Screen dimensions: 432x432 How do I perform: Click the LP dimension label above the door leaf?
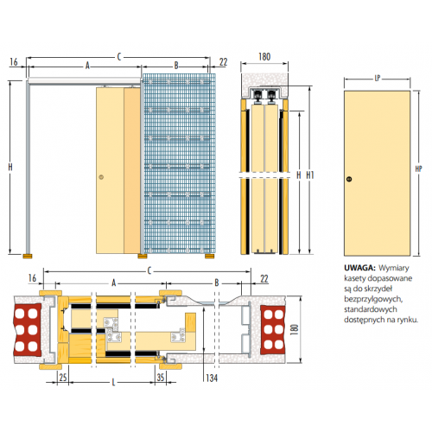pos(378,78)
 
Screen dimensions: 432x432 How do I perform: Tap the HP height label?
pos(418,169)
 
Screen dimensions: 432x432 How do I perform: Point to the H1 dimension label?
pos(310,175)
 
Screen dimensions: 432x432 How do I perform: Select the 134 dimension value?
pos(212,378)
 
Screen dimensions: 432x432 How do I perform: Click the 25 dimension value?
pos(63,377)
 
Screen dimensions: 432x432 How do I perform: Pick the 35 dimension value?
pos(161,377)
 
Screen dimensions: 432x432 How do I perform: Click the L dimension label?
pos(113,383)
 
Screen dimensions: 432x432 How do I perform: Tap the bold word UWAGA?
pos(359,268)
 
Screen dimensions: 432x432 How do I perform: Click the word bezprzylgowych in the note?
pos(373,300)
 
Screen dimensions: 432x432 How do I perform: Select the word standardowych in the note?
pos(371,309)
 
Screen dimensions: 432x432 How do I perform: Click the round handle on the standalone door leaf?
pos(349,179)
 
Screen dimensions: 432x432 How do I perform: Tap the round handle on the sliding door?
pos(101,177)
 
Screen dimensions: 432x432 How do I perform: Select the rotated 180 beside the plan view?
pos(294,329)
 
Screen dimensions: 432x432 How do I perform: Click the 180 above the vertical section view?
pos(264,57)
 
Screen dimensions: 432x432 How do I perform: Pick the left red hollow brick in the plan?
pos(27,330)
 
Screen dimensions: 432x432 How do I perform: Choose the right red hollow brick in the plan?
pos(273,330)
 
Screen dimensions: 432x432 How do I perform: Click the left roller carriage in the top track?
pos(257,97)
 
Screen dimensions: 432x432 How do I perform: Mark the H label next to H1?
pos(299,175)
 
